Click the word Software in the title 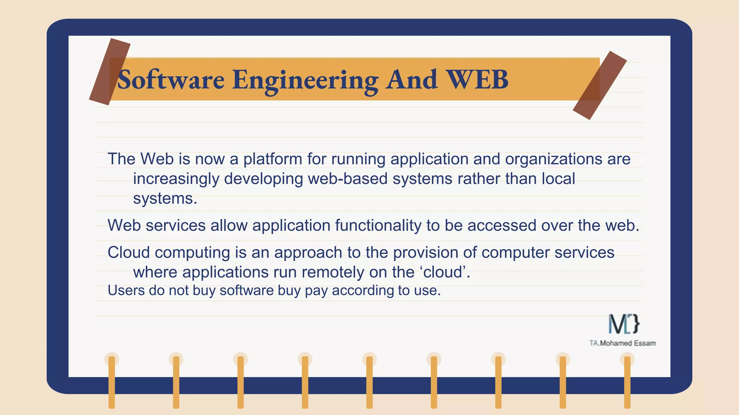click(171, 80)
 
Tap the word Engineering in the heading click(305, 80)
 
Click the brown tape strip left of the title click(109, 72)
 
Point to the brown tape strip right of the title click(600, 85)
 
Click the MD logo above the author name click(624, 323)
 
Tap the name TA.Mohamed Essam click(622, 343)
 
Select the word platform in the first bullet click(272, 159)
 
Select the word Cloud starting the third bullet click(128, 252)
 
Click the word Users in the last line click(126, 290)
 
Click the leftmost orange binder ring click(112, 382)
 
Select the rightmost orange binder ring click(627, 382)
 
